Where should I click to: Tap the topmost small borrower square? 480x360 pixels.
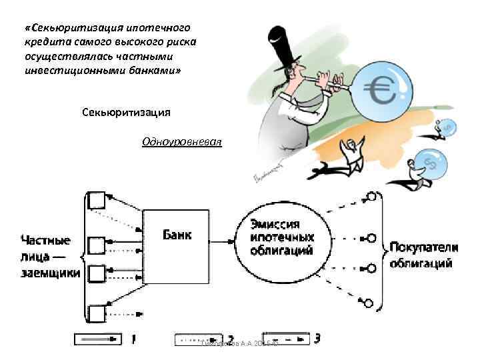(97, 199)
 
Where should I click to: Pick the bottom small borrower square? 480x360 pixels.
(97, 313)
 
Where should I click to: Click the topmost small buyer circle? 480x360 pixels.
(371, 197)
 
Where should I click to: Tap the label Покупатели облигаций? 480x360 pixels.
(424, 254)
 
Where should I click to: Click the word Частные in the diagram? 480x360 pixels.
(45, 241)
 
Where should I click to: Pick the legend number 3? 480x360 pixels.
(317, 339)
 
